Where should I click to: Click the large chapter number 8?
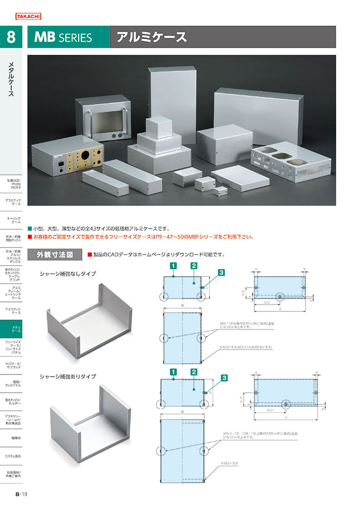point(11,38)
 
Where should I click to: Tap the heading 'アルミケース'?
point(151,38)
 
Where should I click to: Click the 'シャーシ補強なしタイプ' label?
point(68,274)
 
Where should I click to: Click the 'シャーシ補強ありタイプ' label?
point(68,376)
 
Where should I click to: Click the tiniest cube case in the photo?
point(221,192)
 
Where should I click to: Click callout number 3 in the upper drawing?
point(221,273)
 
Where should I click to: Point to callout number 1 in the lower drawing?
point(173,372)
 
